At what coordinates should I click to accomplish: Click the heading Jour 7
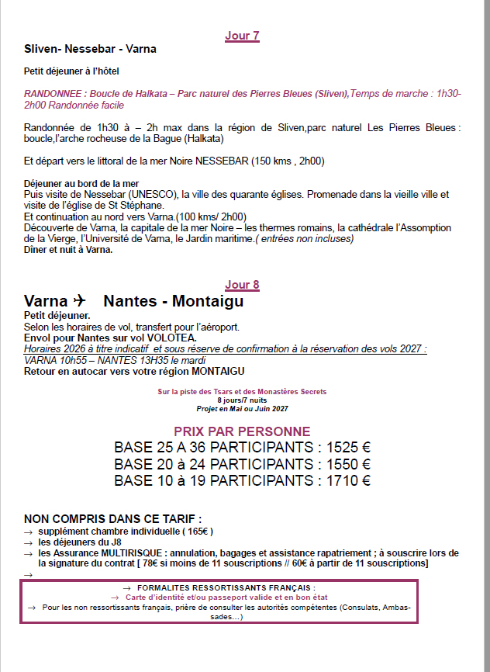click(x=242, y=36)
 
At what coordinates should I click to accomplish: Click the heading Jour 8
click(x=242, y=285)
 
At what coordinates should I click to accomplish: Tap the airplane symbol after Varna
click(x=78, y=301)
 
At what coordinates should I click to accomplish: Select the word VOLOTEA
click(x=171, y=338)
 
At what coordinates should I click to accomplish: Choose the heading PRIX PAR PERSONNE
click(x=242, y=431)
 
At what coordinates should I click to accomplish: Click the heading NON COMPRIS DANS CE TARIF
click(x=112, y=518)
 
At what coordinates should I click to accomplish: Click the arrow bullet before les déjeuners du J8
click(x=29, y=542)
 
